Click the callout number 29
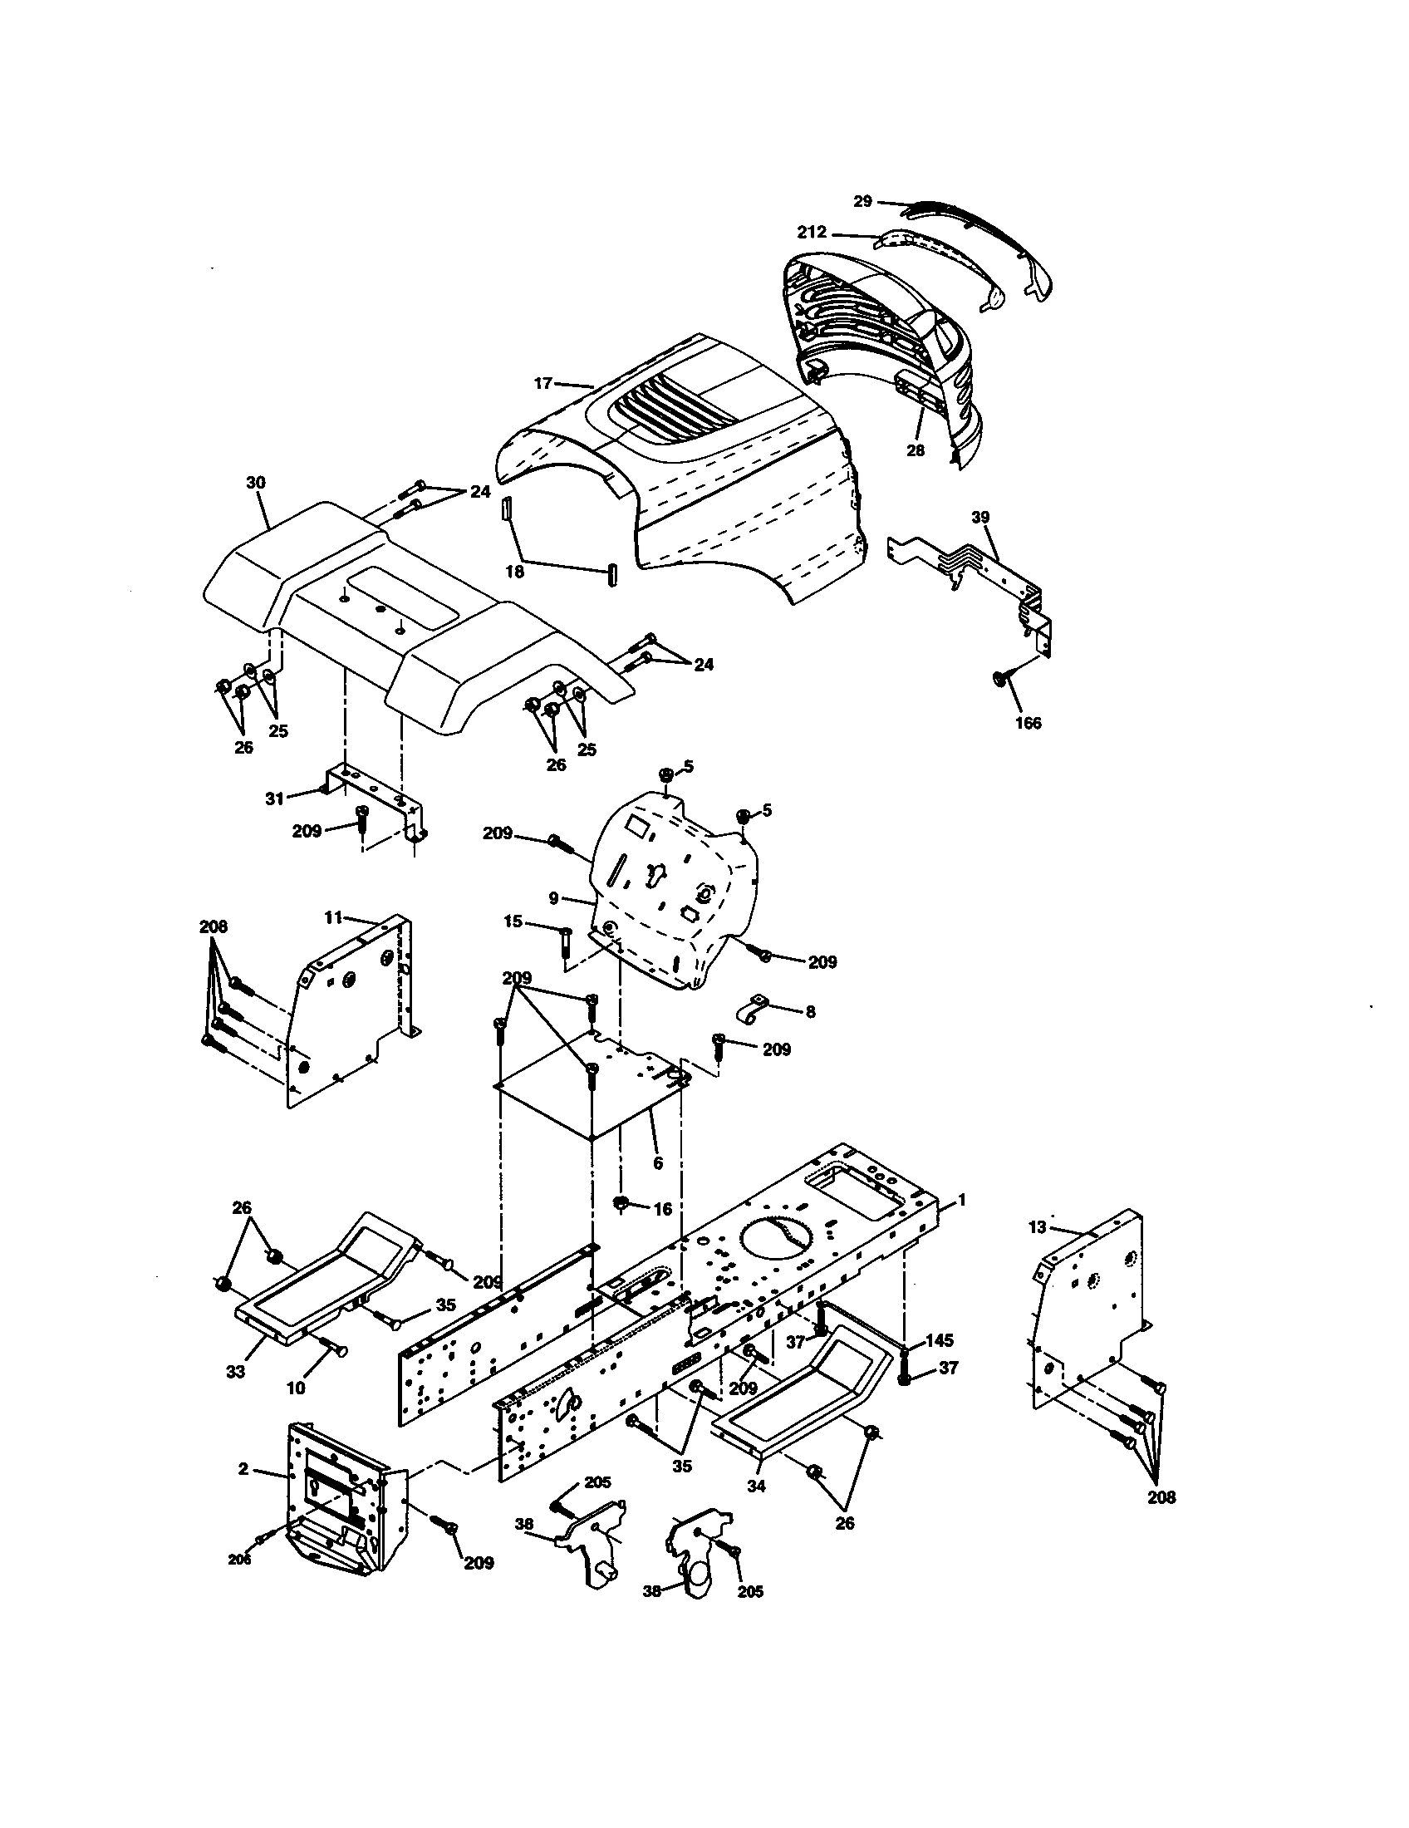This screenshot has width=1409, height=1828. (x=862, y=201)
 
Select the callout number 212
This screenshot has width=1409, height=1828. (x=811, y=232)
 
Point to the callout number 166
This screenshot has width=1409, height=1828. (x=1028, y=722)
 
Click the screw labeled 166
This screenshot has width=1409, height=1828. (x=1000, y=677)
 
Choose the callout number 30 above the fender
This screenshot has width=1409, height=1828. (x=256, y=483)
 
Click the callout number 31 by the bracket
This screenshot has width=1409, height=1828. (x=275, y=799)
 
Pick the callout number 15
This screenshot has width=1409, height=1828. (x=513, y=921)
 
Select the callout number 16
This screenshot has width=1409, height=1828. (x=662, y=1210)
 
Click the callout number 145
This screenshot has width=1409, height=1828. (x=940, y=1340)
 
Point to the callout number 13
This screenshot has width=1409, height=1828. (x=1037, y=1227)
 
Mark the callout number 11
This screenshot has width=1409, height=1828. (x=334, y=917)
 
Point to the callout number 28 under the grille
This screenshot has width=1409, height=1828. (x=916, y=450)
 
